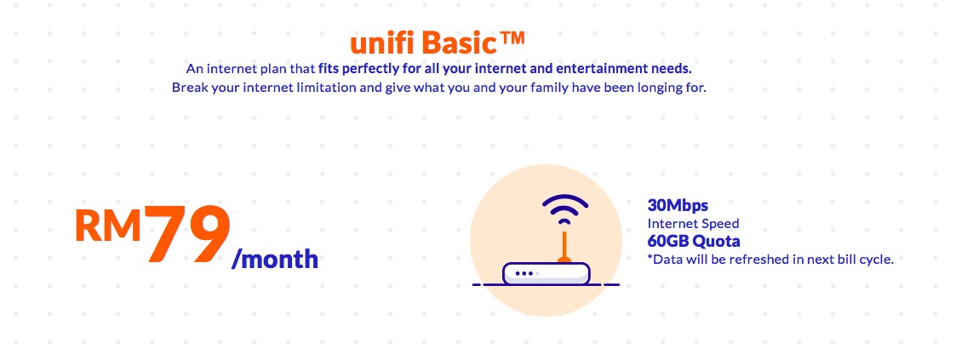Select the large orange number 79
click(x=187, y=235)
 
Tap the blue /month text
click(x=275, y=258)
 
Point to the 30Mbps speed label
click(x=678, y=205)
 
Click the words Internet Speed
click(x=693, y=223)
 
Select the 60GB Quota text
click(x=694, y=240)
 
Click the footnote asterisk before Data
click(x=649, y=257)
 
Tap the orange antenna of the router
click(x=563, y=247)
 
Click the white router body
click(x=546, y=274)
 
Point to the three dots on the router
click(x=526, y=273)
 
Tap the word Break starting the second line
click(x=188, y=88)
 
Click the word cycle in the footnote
click(x=877, y=260)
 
